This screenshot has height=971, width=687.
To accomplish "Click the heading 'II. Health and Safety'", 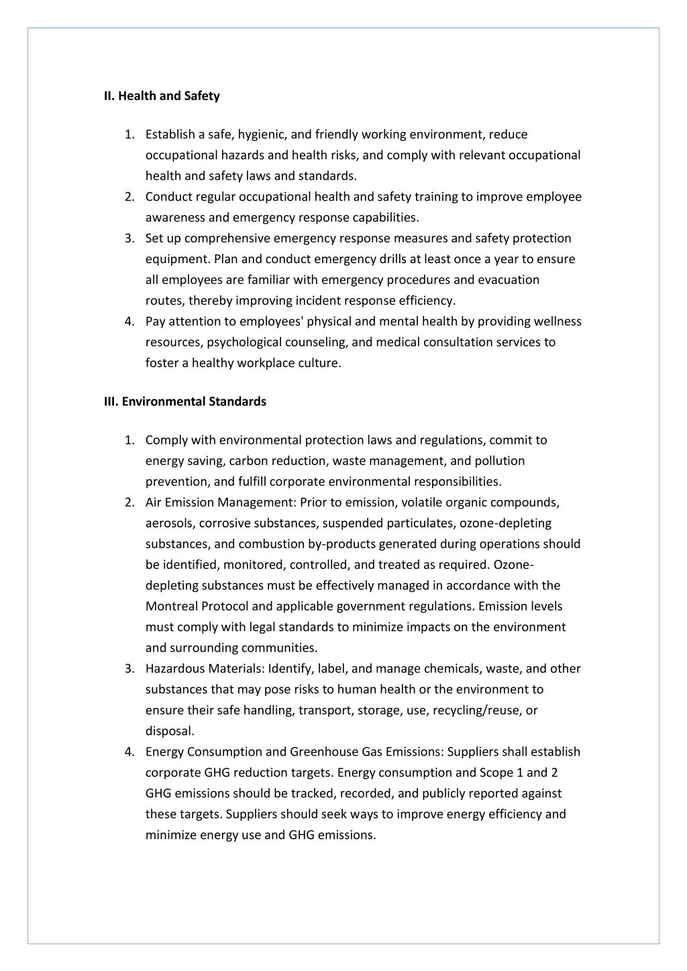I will coord(162,96).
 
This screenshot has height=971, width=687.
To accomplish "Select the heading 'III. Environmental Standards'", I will coord(185,402).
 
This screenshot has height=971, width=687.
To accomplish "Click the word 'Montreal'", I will coord(171,606).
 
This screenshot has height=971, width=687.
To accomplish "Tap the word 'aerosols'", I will coord(169,523).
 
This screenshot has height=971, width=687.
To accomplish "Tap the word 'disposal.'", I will coord(170,731).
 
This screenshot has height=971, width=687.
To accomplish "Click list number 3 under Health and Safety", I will coord(129,238).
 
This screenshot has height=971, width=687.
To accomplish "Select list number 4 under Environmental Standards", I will coord(129,752).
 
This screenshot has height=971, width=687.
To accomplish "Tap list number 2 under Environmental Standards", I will coord(129,502).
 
